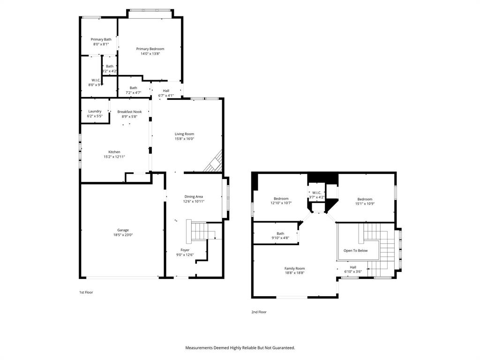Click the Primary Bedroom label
point(150,49)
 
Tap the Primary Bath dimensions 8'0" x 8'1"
point(101,44)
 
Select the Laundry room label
point(95,111)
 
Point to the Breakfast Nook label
point(129,112)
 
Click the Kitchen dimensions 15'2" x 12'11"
point(114,157)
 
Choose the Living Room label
point(184,134)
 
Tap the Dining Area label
point(194,196)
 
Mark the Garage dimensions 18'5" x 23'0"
point(123,235)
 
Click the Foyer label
point(185,250)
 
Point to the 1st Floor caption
point(86,292)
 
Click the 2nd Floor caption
point(259,312)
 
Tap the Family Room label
point(294,268)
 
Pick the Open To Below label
point(355,250)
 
